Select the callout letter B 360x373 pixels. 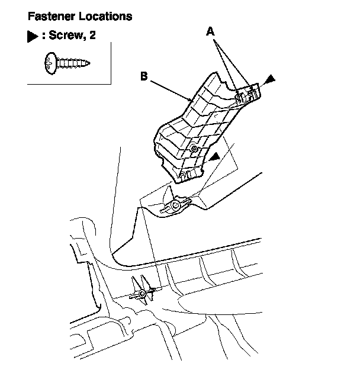coord(143,75)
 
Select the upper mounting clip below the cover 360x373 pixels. coord(175,204)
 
